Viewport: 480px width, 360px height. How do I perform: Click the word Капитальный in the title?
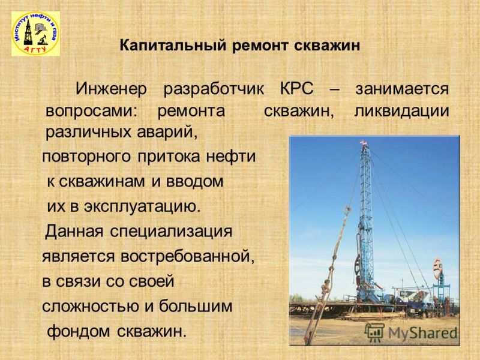[x=173, y=46]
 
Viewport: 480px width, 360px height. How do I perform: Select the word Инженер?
[x=112, y=89]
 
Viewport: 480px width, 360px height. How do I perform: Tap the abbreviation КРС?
[x=297, y=89]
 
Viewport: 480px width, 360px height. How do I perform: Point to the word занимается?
[x=402, y=89]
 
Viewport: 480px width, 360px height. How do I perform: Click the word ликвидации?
[x=401, y=111]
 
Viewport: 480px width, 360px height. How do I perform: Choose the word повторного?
[x=86, y=157]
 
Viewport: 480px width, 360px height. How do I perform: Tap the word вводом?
[x=194, y=182]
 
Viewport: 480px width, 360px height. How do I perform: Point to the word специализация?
[x=171, y=232]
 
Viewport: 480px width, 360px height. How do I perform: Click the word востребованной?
[x=187, y=257]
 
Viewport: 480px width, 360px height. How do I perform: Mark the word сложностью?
[x=91, y=307]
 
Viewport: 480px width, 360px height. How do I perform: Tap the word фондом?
[x=79, y=332]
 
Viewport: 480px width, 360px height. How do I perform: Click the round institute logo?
[x=36, y=34]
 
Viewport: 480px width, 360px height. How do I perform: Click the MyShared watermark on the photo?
[x=411, y=332]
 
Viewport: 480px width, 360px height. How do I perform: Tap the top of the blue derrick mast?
[x=364, y=142]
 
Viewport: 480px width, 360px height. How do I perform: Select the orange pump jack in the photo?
[x=439, y=267]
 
